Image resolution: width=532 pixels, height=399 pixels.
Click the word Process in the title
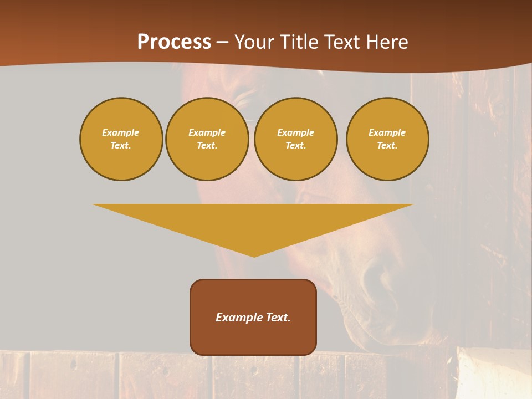(174, 42)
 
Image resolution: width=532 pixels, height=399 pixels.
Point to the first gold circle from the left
(121, 139)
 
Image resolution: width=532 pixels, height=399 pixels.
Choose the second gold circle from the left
(207, 139)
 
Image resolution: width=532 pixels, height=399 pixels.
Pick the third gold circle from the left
(296, 139)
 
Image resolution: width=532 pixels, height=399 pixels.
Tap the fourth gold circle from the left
(387, 139)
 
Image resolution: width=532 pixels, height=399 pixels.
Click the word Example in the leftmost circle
(121, 132)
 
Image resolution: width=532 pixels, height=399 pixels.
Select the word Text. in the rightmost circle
(387, 146)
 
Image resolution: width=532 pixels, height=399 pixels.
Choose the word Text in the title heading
(342, 42)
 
